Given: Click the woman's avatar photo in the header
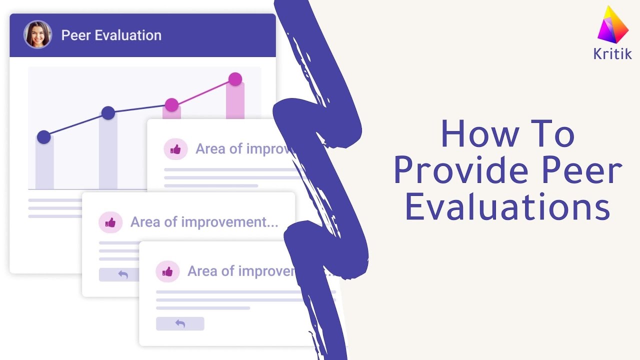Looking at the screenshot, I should (x=37, y=34).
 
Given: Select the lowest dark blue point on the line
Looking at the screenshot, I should (x=44, y=137).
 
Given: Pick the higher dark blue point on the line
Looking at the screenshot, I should (x=108, y=113).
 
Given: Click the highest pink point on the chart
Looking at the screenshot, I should (x=235, y=79).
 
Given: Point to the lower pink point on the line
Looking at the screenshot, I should (x=171, y=105).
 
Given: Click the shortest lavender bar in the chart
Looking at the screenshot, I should (x=44, y=165).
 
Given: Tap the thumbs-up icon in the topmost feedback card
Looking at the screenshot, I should (x=175, y=149).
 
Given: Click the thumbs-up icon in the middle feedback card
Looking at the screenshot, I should (x=110, y=222).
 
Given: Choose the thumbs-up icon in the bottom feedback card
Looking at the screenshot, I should (x=167, y=271).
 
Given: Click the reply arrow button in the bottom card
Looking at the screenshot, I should (x=180, y=323).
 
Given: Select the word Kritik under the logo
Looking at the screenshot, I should (x=612, y=54).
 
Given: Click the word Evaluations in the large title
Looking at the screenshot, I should (x=507, y=208).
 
